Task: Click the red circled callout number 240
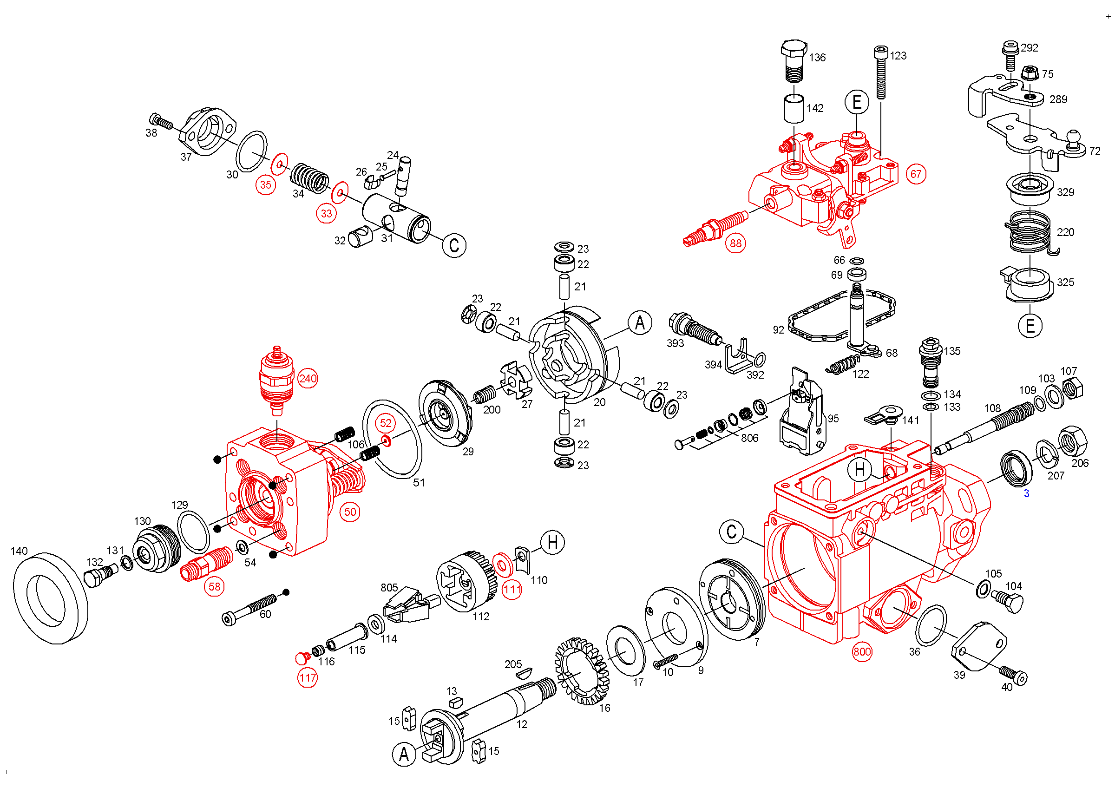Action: [308, 379]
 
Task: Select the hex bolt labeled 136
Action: [794, 61]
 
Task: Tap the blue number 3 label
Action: [1027, 494]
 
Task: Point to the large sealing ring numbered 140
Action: [51, 598]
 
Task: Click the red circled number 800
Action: [862, 651]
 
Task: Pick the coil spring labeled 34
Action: [310, 177]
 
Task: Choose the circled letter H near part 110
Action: [553, 542]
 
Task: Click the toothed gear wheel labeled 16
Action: [582, 671]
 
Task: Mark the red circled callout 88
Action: [736, 243]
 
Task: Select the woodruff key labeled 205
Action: [524, 673]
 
